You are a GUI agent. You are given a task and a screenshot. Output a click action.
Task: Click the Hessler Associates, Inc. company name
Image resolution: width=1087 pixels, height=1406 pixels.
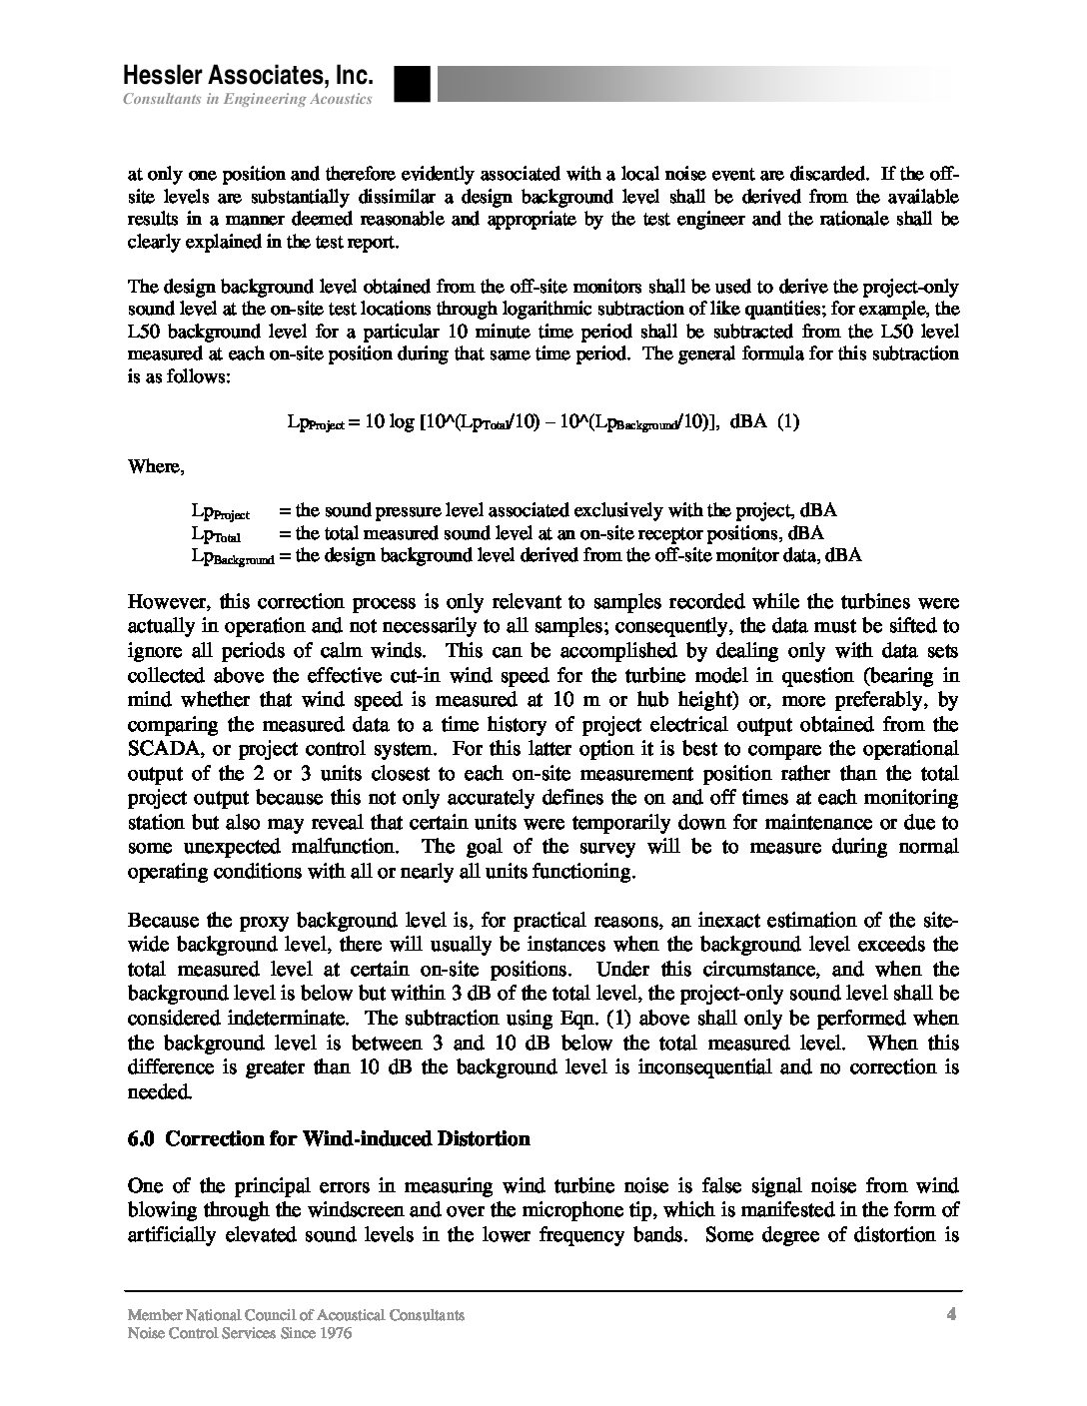[248, 76]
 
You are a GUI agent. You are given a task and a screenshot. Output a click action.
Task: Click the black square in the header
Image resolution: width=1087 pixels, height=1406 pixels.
[412, 84]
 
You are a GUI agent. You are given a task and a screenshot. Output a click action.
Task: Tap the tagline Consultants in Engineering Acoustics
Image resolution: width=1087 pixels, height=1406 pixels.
[248, 99]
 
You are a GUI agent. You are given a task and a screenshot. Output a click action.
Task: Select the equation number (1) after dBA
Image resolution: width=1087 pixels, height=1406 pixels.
[788, 421]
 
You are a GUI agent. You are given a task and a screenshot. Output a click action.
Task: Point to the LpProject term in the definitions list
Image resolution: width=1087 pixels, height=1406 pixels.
[220, 512]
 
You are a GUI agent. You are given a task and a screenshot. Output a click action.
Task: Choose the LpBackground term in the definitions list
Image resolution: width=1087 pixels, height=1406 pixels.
[233, 556]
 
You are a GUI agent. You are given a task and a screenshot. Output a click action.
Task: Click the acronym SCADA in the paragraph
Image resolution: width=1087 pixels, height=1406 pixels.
[164, 748]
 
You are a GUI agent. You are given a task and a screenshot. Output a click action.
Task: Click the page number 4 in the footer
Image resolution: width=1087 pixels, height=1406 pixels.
[952, 1314]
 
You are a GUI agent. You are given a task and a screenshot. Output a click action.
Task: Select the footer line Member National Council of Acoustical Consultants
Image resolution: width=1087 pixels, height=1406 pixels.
[296, 1315]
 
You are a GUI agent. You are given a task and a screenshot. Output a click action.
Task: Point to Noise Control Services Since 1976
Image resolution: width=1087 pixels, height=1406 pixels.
[240, 1333]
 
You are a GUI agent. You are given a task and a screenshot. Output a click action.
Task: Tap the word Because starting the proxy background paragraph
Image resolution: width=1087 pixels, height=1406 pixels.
[165, 920]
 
